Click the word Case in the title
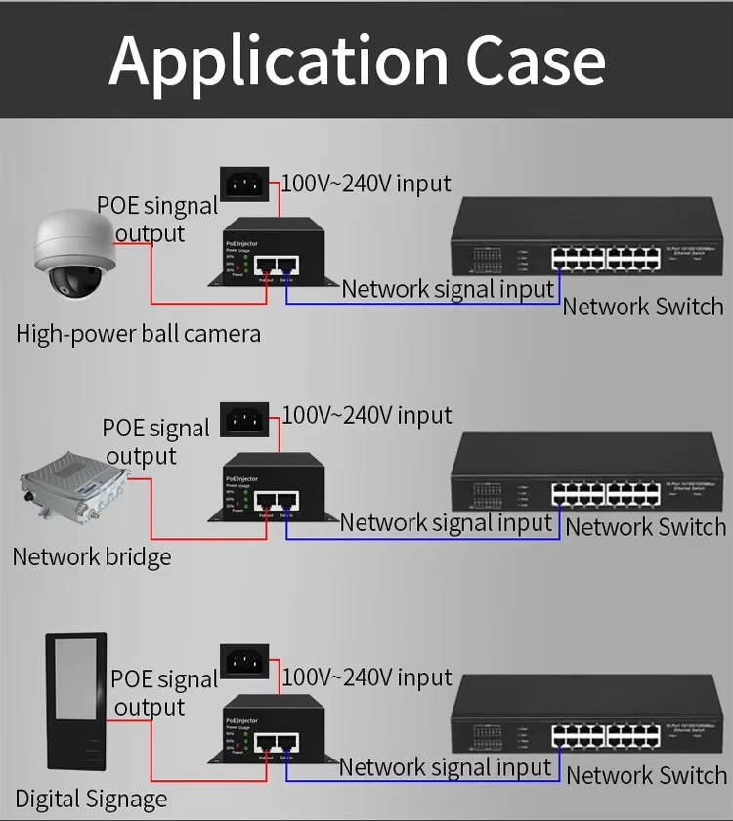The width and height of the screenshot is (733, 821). coord(536,60)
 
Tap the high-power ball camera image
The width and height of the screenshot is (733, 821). coord(74,257)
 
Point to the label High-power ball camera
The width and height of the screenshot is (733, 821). coord(138,334)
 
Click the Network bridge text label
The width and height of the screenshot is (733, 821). coord(92,557)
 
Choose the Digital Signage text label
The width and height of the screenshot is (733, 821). coord(91,799)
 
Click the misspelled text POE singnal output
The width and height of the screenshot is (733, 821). coord(155,220)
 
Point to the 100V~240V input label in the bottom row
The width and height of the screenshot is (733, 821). coord(367,677)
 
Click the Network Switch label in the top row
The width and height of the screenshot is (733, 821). coord(643,306)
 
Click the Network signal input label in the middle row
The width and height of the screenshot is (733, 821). coord(447,522)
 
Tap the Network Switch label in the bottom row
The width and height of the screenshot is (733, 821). coord(646,775)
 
